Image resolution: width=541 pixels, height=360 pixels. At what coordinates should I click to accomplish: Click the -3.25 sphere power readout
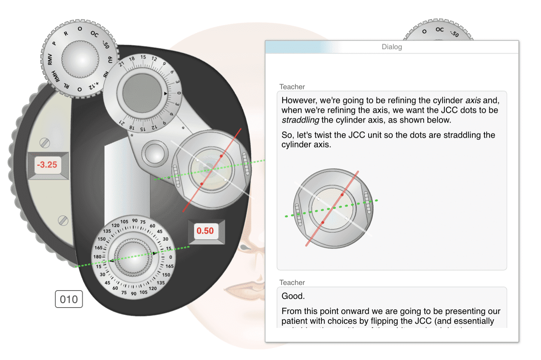pos(48,165)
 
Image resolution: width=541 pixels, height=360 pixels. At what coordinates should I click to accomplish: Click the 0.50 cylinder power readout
pos(205,231)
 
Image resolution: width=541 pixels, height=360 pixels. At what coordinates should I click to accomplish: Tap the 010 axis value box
pos(69,299)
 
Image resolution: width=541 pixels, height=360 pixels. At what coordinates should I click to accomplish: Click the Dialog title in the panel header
pos(392,47)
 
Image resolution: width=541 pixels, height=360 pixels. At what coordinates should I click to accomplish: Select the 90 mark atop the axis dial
pos(135,221)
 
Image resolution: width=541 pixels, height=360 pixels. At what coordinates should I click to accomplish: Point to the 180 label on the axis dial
pos(97,257)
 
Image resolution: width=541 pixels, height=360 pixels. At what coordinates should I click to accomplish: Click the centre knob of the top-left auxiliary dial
pos(80,59)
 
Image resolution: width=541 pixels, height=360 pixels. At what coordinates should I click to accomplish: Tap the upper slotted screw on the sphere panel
pos(45,143)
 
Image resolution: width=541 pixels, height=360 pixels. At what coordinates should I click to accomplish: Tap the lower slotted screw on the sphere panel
pos(63,221)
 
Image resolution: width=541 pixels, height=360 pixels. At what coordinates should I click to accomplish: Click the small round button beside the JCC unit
pos(155,154)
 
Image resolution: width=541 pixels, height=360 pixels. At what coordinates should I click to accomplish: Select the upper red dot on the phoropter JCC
pos(221,156)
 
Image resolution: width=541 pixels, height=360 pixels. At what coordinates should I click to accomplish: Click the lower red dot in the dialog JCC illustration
pos(323,223)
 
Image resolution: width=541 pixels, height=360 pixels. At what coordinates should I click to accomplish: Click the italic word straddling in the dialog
pos(300,120)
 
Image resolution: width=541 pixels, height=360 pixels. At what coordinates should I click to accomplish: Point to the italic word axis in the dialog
pos(473,100)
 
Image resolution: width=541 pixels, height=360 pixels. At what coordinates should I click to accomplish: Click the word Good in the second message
pos(293,296)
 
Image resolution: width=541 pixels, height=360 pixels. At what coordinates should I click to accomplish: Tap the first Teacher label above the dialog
pos(292,87)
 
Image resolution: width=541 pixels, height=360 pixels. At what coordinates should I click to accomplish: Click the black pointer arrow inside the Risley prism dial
pos(165,93)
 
